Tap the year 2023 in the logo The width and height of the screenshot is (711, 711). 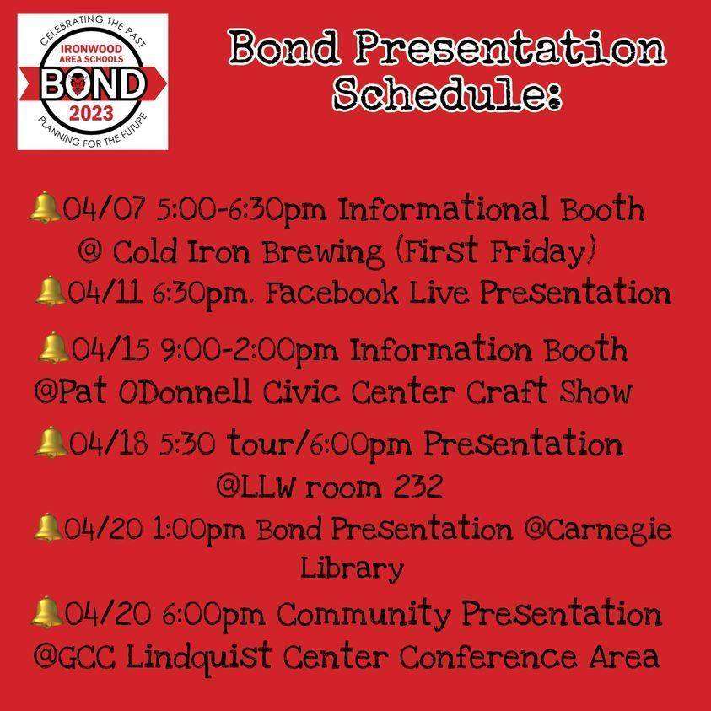pyautogui.click(x=91, y=113)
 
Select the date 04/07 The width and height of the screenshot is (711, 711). pyautogui.click(x=105, y=209)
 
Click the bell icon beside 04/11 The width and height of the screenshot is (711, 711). pyautogui.click(x=50, y=291)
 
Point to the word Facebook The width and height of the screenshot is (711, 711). pyautogui.click(x=331, y=293)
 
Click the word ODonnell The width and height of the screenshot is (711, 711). pyautogui.click(x=185, y=392)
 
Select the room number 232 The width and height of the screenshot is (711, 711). pyautogui.click(x=417, y=486)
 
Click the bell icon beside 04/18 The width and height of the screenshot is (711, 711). pyautogui.click(x=51, y=442)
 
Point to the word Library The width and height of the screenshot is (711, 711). pyautogui.click(x=352, y=568)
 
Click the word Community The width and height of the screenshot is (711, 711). pyautogui.click(x=364, y=614)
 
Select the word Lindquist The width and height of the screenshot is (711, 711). pyautogui.click(x=198, y=656)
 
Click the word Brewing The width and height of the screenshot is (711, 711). pyautogui.click(x=323, y=253)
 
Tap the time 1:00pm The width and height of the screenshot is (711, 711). pyautogui.click(x=198, y=530)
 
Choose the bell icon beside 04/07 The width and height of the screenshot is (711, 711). pyautogui.click(x=46, y=207)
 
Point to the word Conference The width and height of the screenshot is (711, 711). pyautogui.click(x=488, y=656)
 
